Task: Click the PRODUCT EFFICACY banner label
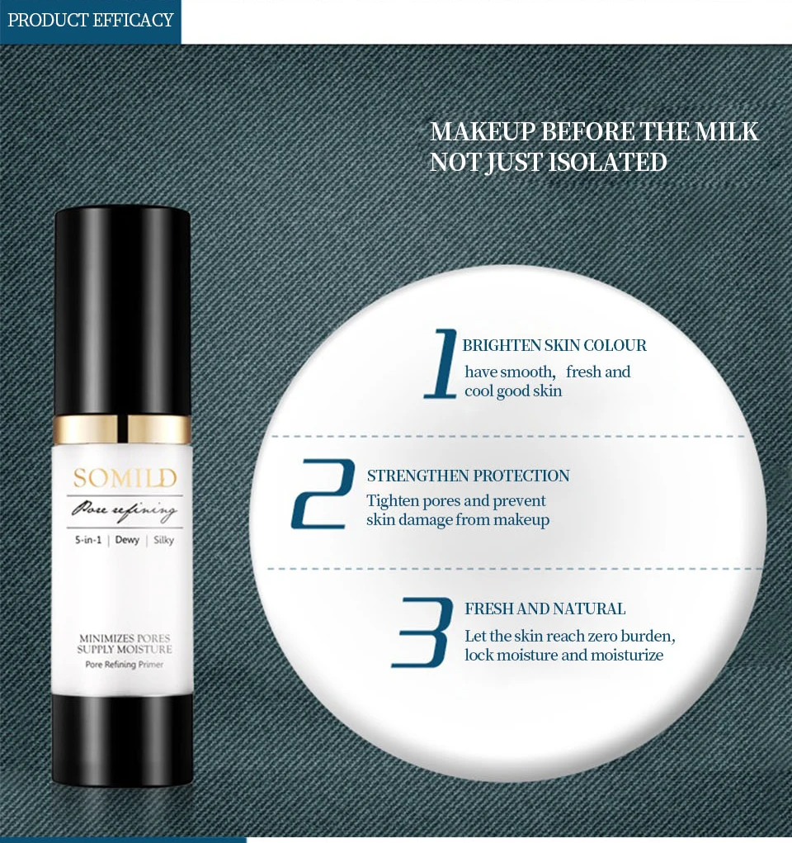tap(90, 21)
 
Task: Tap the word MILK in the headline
tap(727, 132)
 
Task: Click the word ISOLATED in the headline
tap(608, 163)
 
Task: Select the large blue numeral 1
tap(441, 363)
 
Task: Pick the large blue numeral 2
tap(323, 494)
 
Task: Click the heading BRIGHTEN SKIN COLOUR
tap(554, 345)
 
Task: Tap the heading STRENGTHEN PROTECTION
tap(468, 476)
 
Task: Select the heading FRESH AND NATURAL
tap(544, 609)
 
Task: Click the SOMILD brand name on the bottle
tap(125, 478)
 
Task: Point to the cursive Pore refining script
tap(124, 510)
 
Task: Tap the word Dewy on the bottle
tap(127, 540)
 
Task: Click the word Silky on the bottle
tap(164, 540)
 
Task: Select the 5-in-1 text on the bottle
tap(88, 540)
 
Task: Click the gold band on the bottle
tap(122, 429)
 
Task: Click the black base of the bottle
tap(122, 740)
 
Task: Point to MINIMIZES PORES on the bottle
tap(125, 638)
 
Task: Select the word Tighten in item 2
tap(393, 501)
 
